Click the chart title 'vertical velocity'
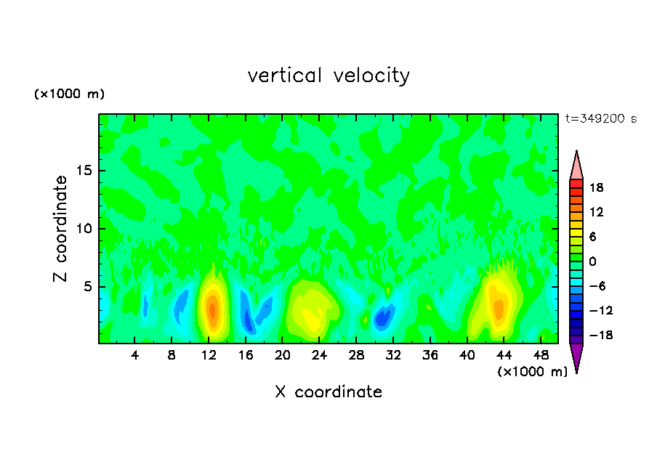pos(328,76)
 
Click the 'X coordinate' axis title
pos(328,392)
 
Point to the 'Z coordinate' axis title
pos(61,229)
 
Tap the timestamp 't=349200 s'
pos(601,119)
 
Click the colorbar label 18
pos(597,187)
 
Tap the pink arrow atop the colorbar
pos(576,166)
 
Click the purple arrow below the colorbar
pos(576,357)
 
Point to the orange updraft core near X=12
pos(212,309)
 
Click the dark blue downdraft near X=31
pos(381,318)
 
